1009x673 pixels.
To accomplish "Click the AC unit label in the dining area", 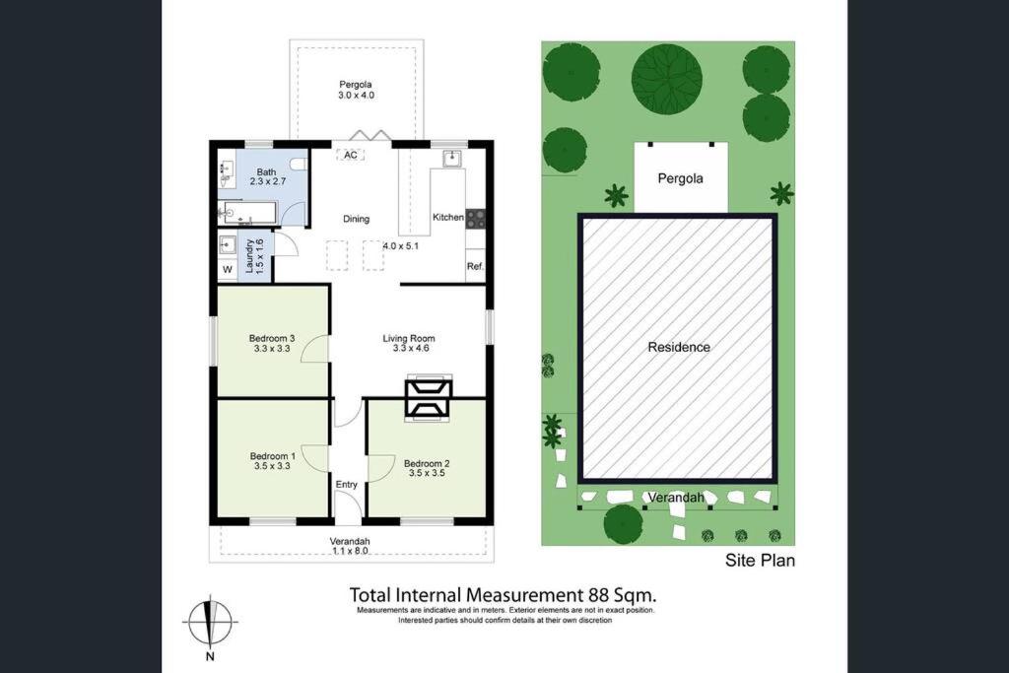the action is (350, 155).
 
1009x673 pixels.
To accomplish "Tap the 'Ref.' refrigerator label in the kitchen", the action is (475, 266).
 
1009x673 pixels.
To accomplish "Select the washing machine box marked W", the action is (228, 270).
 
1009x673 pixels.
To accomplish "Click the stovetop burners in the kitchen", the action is (476, 219).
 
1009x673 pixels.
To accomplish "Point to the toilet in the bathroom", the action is (298, 164).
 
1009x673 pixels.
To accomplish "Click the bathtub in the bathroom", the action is (247, 212).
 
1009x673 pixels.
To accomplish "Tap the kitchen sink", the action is (451, 159).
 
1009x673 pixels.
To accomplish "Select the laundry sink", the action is (228, 245).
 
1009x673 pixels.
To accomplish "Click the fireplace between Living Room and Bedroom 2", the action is (428, 398).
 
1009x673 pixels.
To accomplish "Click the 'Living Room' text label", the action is (409, 338).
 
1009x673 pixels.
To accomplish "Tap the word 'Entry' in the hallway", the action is (346, 485).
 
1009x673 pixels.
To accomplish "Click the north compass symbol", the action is (210, 622).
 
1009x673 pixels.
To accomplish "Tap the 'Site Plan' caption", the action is (760, 561).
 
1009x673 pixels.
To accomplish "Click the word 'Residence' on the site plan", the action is (679, 348).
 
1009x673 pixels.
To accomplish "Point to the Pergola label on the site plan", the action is (680, 179).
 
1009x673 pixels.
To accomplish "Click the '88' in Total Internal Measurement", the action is (591, 594).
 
